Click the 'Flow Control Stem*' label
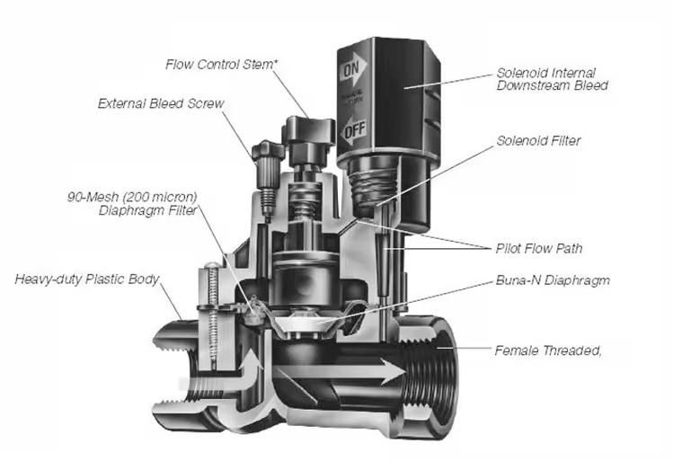(222, 65)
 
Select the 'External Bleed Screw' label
(161, 103)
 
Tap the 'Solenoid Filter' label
(539, 141)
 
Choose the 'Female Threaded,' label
(547, 350)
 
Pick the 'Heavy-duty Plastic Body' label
(86, 279)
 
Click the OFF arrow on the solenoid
(351, 132)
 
